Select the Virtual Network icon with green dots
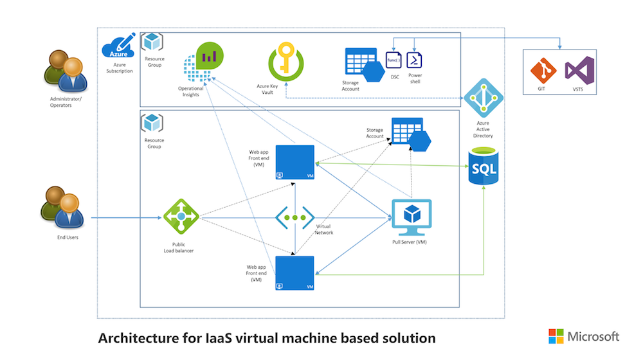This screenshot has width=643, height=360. tap(295, 217)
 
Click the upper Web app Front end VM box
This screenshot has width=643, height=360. tap(294, 162)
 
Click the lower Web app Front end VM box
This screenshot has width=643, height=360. tap(294, 273)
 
